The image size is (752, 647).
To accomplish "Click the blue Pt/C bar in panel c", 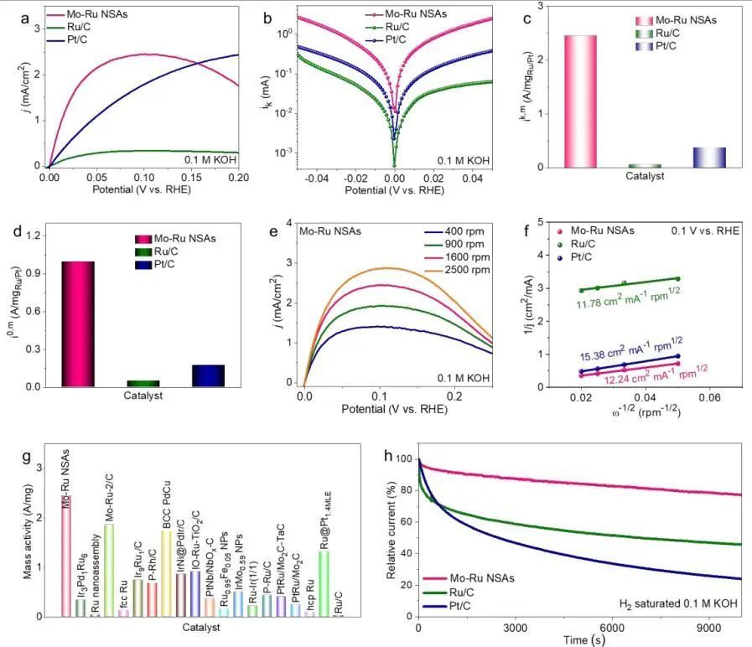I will pos(709,158).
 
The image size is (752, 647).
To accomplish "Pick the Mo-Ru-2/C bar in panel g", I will pos(109,570).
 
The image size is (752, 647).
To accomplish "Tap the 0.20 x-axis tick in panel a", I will pos(238,178).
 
